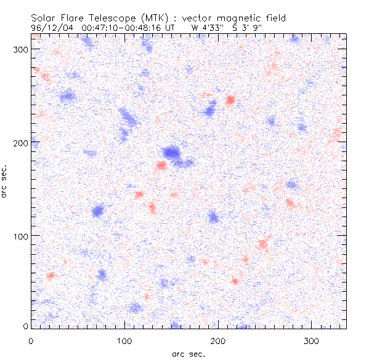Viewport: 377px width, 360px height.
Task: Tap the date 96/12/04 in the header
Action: point(51,27)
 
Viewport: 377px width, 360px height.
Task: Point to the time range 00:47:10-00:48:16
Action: point(132,27)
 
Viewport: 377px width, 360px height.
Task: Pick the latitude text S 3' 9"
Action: point(246,27)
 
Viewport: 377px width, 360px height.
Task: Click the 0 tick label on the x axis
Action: point(31,340)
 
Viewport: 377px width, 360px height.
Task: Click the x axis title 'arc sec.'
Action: point(188,353)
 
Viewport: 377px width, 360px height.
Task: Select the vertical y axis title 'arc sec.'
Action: point(5,182)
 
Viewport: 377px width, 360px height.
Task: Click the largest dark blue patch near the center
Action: point(172,152)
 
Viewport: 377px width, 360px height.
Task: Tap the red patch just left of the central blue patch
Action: point(161,165)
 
